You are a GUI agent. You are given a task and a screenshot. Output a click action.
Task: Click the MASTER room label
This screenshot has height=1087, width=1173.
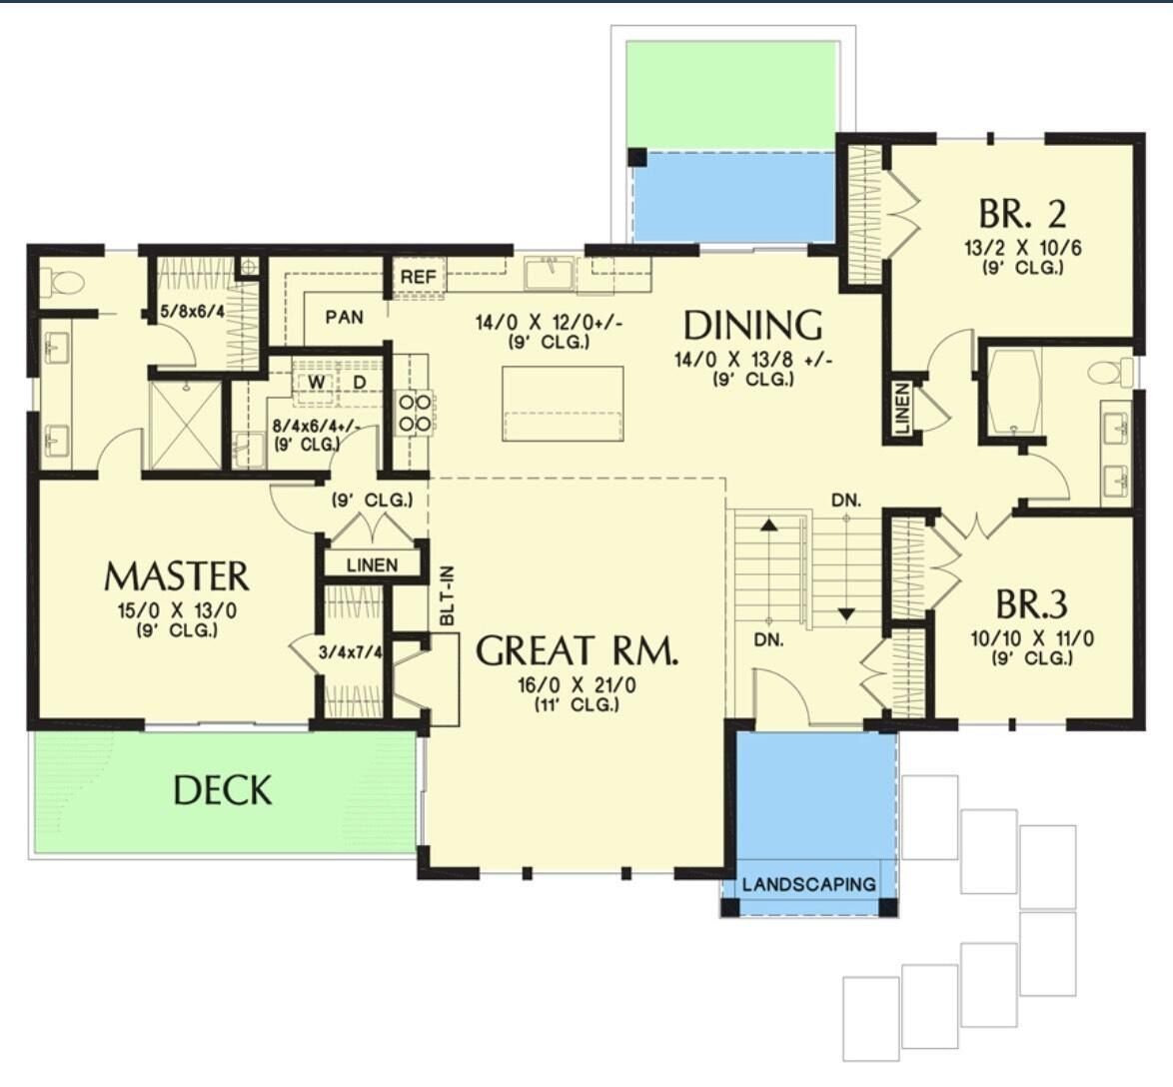pos(177,576)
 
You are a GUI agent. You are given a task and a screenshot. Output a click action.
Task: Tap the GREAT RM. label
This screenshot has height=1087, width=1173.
pos(578,650)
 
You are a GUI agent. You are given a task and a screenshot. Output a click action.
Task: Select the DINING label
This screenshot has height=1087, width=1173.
pos(752,326)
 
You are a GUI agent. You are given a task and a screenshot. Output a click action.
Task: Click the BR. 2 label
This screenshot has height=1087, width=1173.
pos(1022,214)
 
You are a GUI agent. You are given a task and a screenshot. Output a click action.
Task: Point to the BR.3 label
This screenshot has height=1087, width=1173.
pos(1032,605)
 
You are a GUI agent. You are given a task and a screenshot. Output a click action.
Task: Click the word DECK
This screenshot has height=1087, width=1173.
pos(222,790)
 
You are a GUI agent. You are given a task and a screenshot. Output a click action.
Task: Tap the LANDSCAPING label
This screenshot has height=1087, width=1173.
pos(808,884)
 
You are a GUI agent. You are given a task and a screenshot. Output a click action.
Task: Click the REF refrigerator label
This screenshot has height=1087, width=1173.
pos(419,276)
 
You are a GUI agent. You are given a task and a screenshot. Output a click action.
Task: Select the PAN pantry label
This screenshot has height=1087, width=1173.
pos(344,317)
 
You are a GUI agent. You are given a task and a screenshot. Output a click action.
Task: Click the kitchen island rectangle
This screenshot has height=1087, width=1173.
pos(564,403)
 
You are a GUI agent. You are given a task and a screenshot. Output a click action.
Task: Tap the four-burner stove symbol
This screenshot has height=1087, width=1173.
pos(416,413)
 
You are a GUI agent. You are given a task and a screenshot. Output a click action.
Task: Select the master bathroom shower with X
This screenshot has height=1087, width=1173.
pos(185,425)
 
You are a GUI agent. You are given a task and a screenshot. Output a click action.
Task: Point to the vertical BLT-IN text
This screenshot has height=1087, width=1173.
pos(447,596)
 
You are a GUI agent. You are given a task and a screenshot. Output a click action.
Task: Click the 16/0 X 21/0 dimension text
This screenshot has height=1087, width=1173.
pos(577,685)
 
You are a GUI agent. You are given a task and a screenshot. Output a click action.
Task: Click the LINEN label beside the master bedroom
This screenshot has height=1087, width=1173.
pos(372,565)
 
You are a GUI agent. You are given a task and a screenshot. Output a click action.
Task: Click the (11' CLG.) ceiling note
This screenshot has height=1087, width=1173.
pos(577,704)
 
